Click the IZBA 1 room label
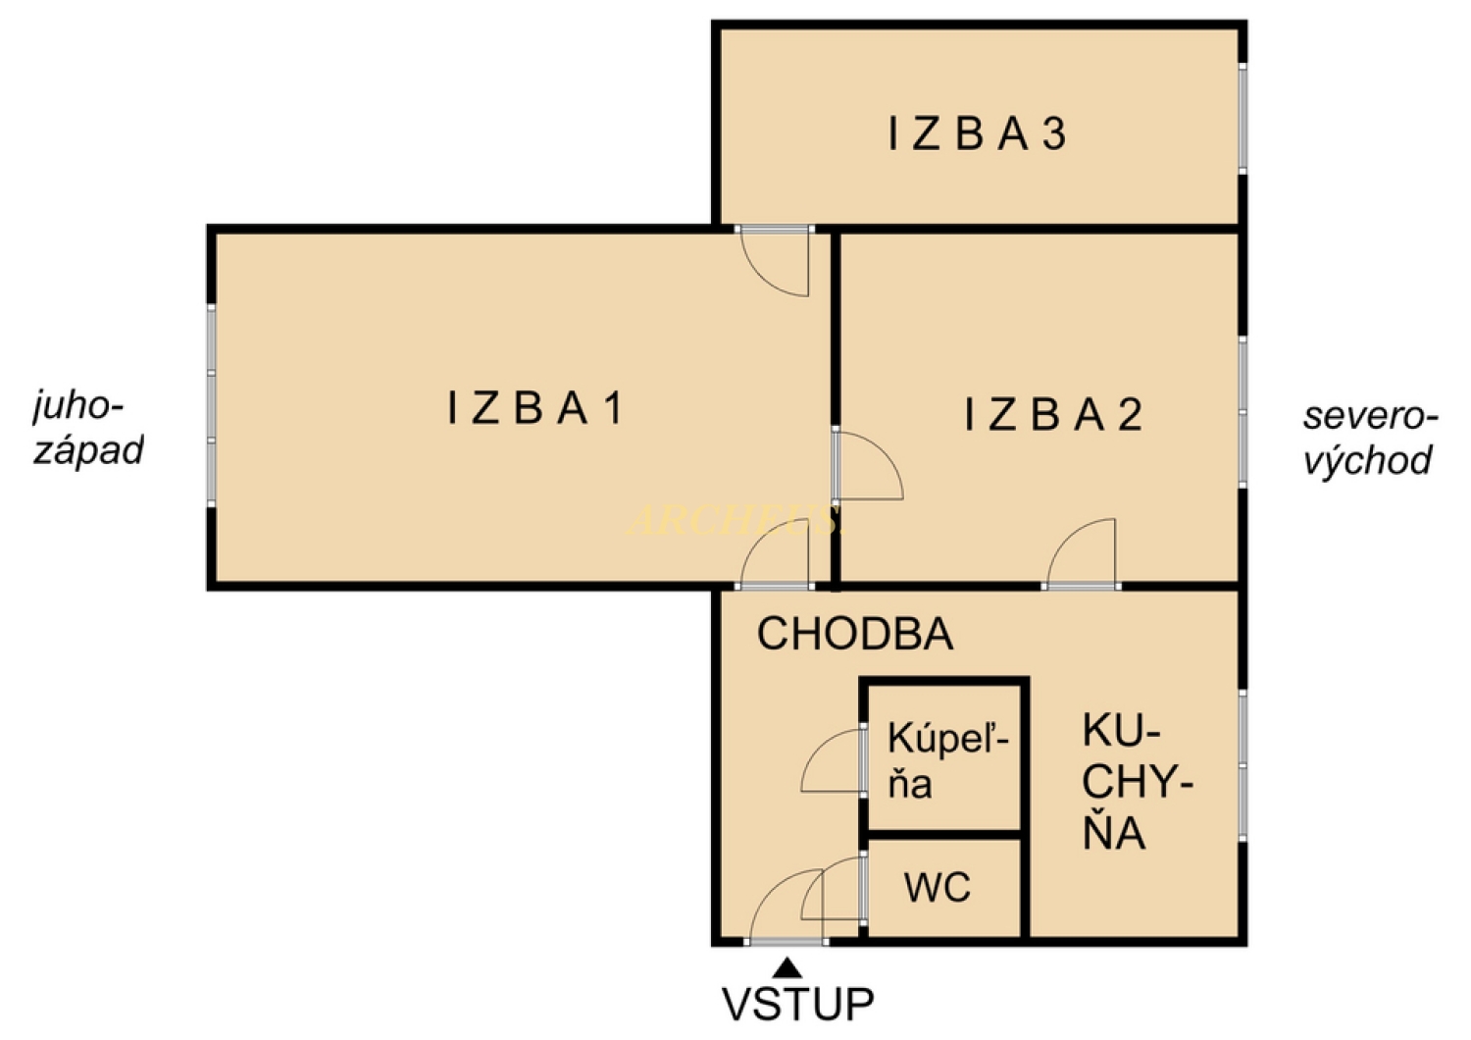coord(535,408)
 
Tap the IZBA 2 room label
coord(1053,415)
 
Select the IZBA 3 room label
coord(977,134)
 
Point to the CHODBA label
coord(854,634)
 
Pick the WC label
coord(938,888)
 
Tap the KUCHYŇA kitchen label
coord(1136,782)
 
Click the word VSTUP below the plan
coord(797,1005)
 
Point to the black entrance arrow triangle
coord(786,969)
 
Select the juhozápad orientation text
coord(88,428)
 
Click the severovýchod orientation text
coord(1369,438)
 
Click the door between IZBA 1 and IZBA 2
coord(865,466)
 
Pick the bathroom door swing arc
coord(832,761)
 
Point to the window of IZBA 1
coord(211,407)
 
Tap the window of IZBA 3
coord(1243,118)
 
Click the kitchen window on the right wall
coord(1243,765)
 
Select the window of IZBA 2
coord(1243,412)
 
